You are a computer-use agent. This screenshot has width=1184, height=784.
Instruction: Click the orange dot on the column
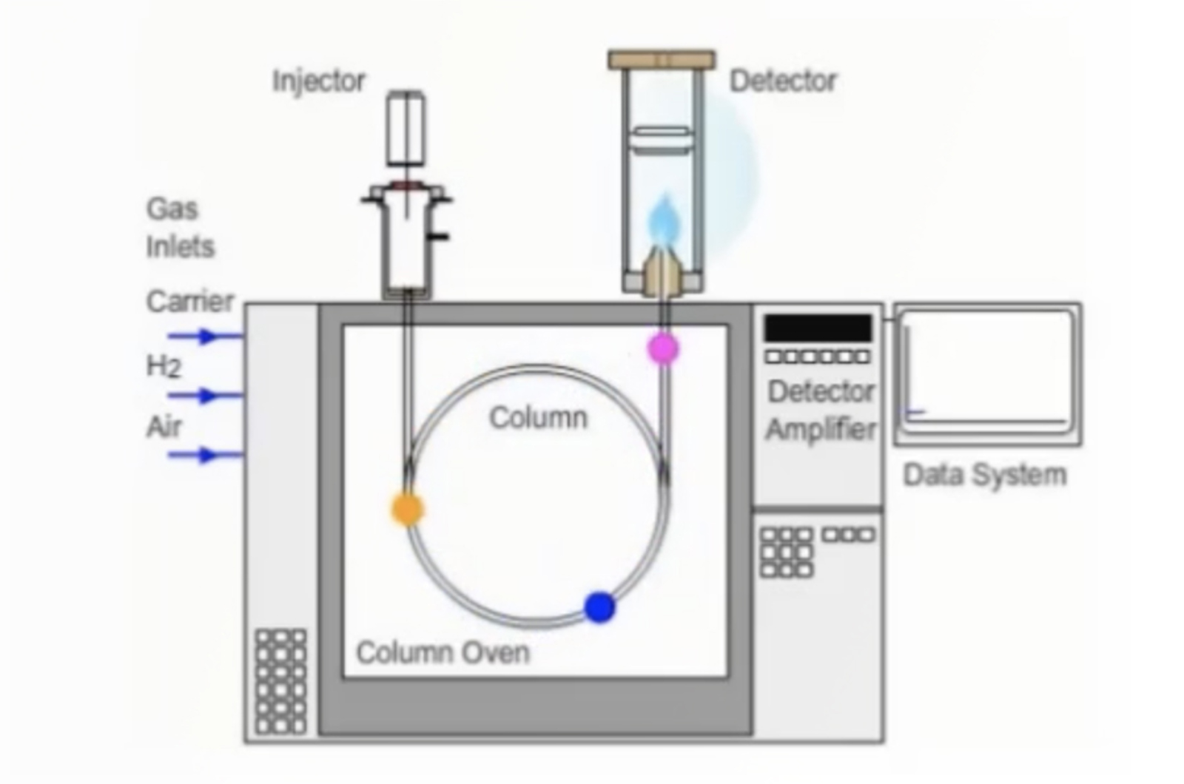click(407, 509)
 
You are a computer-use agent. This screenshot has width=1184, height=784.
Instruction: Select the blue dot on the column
click(599, 606)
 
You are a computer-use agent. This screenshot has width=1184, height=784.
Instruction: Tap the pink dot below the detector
click(662, 348)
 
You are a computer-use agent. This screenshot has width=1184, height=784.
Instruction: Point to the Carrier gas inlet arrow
click(203, 337)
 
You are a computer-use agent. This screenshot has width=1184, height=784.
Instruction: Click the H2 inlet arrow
click(203, 396)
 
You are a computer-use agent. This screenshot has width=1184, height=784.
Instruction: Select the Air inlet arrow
click(203, 455)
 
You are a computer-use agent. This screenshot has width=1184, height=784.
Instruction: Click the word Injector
click(319, 80)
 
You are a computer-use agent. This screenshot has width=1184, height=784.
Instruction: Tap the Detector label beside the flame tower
click(783, 80)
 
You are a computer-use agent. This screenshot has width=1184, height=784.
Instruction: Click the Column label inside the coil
click(539, 418)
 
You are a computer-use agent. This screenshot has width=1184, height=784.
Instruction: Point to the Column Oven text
click(443, 652)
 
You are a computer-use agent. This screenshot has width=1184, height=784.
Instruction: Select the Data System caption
click(985, 474)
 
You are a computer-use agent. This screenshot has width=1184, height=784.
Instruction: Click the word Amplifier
click(821, 429)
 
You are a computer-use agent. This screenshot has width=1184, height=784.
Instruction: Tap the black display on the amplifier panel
click(818, 328)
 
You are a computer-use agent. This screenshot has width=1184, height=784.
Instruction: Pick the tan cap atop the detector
click(662, 59)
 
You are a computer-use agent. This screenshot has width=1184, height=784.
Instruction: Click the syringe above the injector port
click(406, 129)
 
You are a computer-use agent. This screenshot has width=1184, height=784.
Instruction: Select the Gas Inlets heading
click(180, 227)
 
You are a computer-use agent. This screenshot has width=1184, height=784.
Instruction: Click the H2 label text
click(163, 365)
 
